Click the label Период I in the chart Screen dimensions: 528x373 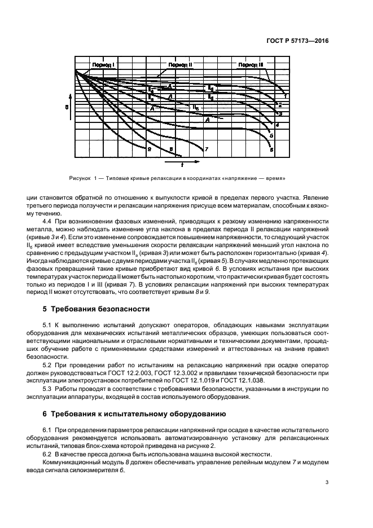(x=103, y=65)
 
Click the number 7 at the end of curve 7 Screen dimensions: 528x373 (x=207, y=149)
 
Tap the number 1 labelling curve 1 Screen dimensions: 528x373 (x=285, y=96)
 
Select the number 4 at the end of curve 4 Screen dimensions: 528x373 (x=277, y=124)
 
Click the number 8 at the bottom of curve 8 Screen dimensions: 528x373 (x=149, y=149)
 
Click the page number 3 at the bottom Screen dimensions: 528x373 (x=327, y=482)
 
